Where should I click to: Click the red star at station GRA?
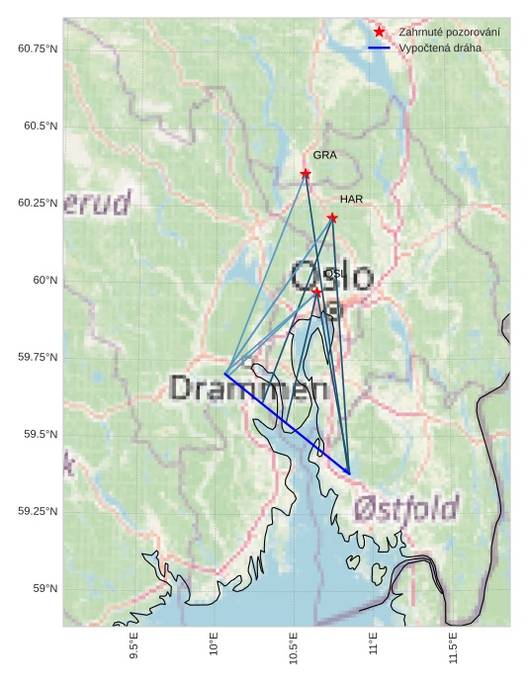(306, 174)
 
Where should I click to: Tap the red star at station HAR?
(332, 217)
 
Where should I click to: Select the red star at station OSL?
(316, 292)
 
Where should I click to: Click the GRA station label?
(325, 155)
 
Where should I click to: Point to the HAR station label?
(351, 199)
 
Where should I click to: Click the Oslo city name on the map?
(332, 277)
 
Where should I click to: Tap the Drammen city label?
(248, 387)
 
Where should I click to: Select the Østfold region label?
(405, 509)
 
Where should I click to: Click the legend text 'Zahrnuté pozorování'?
(449, 33)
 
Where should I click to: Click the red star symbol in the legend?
(379, 33)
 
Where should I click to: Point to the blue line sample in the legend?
(379, 47)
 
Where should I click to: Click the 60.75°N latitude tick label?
(38, 48)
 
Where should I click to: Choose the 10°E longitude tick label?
(215, 643)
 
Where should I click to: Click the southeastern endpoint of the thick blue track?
(349, 473)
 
